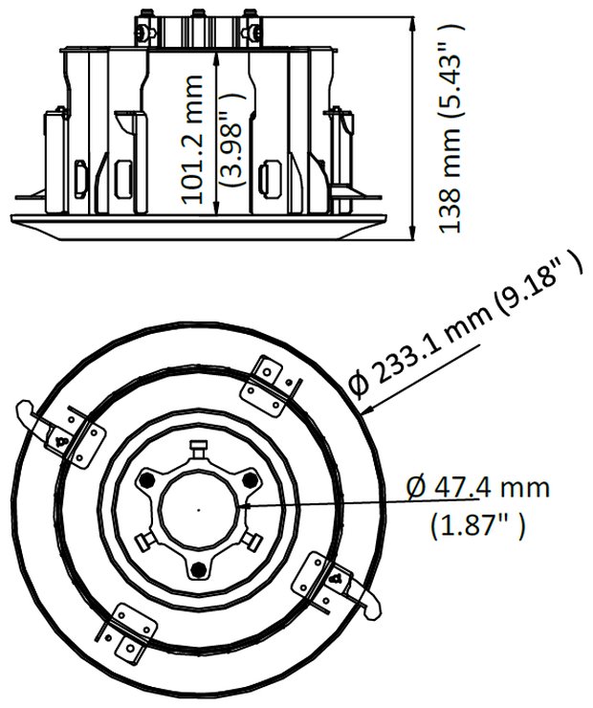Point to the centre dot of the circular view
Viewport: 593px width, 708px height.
click(x=199, y=509)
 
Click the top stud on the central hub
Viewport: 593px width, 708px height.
click(x=199, y=448)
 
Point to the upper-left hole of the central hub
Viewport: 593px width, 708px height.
click(x=147, y=479)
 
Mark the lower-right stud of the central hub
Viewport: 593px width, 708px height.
click(x=253, y=541)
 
